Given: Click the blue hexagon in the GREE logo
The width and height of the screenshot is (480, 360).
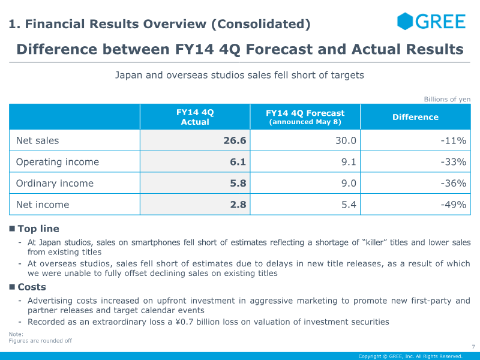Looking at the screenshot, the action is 405,22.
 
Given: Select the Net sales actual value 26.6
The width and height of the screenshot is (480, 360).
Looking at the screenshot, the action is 235,140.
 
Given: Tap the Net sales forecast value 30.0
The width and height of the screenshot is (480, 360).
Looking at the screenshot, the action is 346,140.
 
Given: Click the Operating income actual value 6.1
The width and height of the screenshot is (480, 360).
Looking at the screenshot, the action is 238,161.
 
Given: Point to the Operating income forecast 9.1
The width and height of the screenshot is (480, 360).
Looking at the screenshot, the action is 349,161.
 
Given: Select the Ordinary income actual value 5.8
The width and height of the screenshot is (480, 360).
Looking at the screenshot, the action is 238,183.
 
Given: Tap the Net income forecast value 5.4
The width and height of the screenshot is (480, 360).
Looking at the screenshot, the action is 349,205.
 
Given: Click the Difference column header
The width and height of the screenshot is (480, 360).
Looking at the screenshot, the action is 415,117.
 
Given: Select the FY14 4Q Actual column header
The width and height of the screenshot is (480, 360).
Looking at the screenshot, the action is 195,117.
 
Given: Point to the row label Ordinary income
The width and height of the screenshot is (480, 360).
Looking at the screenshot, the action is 55,183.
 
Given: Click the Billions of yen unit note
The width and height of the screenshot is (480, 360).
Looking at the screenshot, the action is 447,99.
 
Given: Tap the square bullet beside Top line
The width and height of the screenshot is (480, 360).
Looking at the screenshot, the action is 12,229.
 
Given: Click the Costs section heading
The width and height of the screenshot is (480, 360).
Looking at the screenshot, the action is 32,287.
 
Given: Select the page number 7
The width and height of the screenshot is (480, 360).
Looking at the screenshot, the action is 473,347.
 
